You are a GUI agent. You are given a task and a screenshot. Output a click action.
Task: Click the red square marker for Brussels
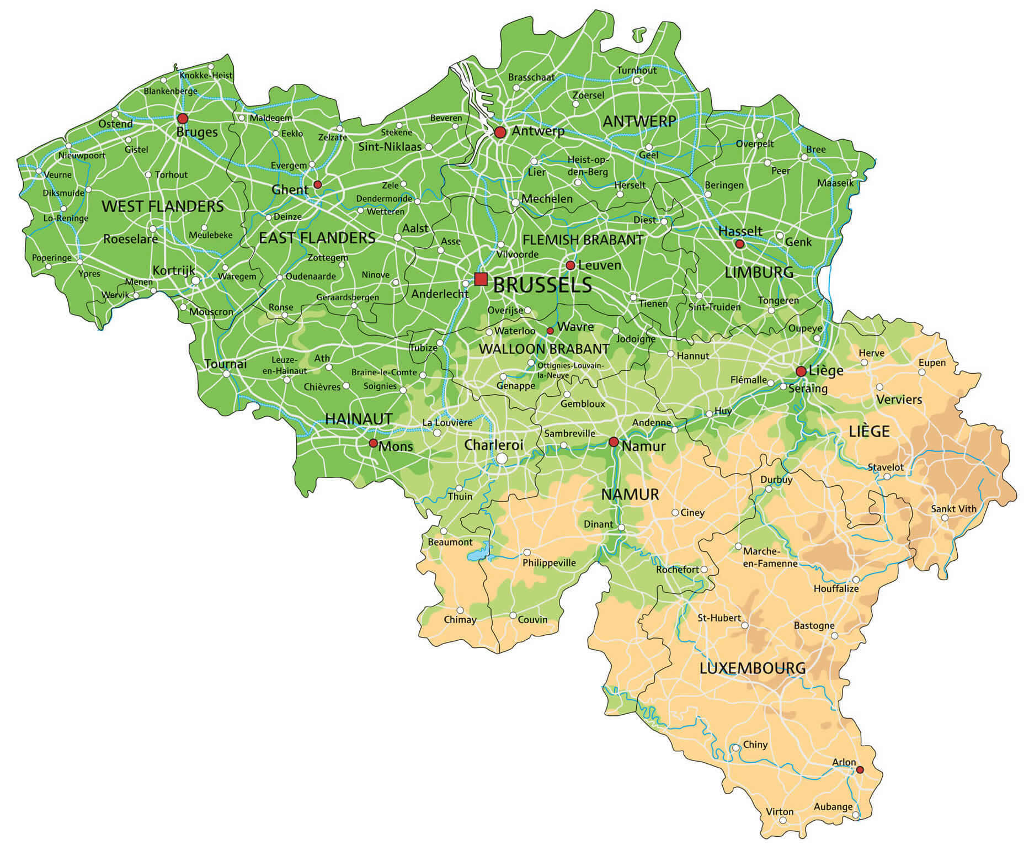coord(481,279)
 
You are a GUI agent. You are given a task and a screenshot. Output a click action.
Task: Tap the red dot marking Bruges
coord(182,118)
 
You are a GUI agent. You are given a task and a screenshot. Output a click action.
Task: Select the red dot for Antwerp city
coord(500,132)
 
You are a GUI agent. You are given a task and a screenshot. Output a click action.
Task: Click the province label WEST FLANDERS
coord(163,206)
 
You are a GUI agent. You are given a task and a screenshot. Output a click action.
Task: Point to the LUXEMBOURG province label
coord(752,668)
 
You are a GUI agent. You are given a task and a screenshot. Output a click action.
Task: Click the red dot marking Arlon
coord(859,769)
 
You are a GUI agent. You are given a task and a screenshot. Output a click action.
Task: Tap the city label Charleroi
coord(493,445)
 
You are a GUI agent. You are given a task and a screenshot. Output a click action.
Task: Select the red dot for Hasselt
coord(740,243)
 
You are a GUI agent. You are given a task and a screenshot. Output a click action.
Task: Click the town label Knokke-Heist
coord(206,75)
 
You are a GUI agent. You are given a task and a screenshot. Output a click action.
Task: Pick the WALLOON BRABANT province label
coord(543,349)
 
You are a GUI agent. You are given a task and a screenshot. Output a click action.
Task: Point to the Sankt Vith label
coord(953,509)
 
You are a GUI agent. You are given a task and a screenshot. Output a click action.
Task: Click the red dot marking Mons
coord(373,443)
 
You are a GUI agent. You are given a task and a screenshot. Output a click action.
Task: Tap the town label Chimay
coord(460,619)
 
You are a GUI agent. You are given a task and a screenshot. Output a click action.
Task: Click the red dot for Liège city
coord(801,371)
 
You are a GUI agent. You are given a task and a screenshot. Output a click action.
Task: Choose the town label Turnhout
coord(637,70)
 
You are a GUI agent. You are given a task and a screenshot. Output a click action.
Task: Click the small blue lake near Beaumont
coord(478,552)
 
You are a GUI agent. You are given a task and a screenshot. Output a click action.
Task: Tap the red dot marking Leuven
coord(571,265)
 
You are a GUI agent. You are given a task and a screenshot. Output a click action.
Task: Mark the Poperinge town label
coord(52,258)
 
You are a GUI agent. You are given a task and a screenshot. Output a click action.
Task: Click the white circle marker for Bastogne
coord(834,636)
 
